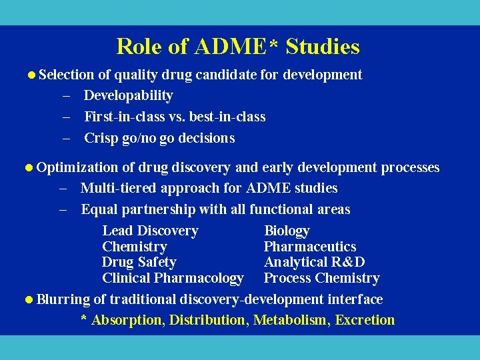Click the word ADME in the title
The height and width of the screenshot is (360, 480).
(x=231, y=47)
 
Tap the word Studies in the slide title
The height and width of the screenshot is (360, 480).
(x=324, y=47)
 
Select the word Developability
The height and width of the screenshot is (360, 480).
(x=128, y=95)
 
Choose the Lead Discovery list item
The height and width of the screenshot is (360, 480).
(x=150, y=231)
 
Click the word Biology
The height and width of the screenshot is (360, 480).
(x=287, y=231)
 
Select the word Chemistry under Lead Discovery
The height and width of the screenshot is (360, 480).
(x=134, y=247)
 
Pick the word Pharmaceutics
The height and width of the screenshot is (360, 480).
(x=310, y=247)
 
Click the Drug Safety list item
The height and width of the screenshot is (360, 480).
(x=139, y=262)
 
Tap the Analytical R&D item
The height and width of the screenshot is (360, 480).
(x=314, y=262)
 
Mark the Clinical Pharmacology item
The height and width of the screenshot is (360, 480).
(x=173, y=278)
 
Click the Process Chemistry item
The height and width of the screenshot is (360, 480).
(x=321, y=278)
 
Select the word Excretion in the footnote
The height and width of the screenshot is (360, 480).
(x=365, y=320)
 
